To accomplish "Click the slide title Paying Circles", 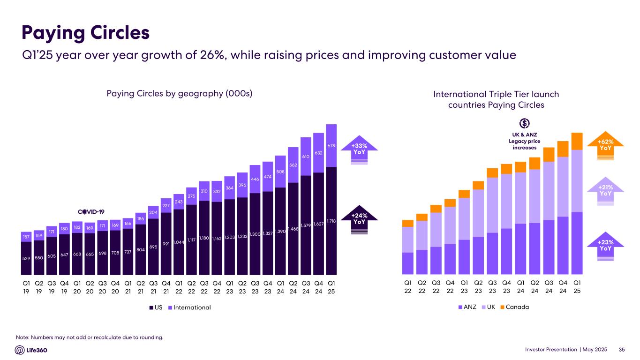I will pos(86,33).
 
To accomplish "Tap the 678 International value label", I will pos(331,146).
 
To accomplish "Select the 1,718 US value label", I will pos(331,220).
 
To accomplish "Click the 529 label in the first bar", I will pos(26,258).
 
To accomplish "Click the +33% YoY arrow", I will pos(360,150).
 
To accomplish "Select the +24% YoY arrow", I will pos(360,219).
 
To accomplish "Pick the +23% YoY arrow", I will pos(606,246).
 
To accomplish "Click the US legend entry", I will pos(156,307).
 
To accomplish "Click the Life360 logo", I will pos(31,350).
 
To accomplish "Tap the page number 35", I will pos(622,350).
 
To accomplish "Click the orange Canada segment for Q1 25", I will pos(577,141).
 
